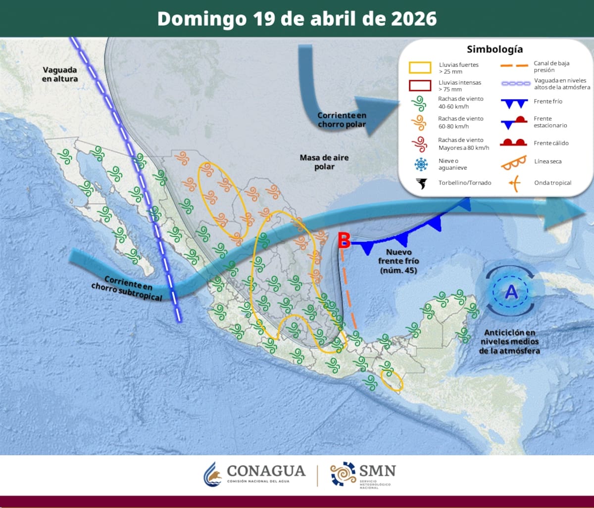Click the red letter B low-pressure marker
coord(344,241)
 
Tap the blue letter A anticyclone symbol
coord(511,292)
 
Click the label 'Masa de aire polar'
coord(324,162)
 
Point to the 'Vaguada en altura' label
coord(59,74)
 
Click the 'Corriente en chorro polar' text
coord(342,120)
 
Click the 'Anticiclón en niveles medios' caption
coord(509,341)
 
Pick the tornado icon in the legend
coord(421,184)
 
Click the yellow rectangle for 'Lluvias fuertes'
coord(420,68)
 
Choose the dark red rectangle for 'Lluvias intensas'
coord(420,86)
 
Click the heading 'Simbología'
coord(495,49)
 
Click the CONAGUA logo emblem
coord(213,474)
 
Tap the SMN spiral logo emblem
coord(343,474)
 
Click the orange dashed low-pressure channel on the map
coord(349,292)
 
